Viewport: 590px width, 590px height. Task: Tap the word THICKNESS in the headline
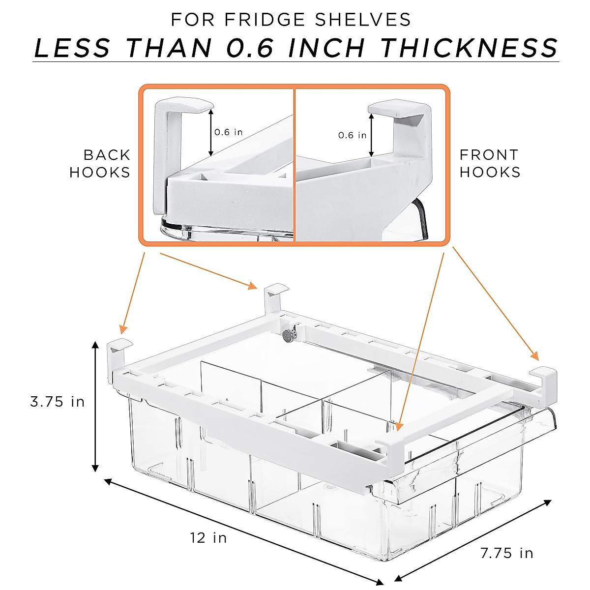[470, 48]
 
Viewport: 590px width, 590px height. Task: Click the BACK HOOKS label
[100, 164]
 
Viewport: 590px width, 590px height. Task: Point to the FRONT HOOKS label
[490, 163]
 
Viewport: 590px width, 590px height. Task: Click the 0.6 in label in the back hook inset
[229, 132]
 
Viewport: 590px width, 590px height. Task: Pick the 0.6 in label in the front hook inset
[352, 135]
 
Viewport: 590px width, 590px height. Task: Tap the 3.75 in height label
[58, 402]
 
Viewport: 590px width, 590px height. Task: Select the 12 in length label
[208, 538]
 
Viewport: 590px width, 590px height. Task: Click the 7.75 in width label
[506, 553]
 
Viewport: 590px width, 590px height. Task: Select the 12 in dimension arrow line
[243, 531]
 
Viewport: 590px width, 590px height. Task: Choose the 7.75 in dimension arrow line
[473, 540]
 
